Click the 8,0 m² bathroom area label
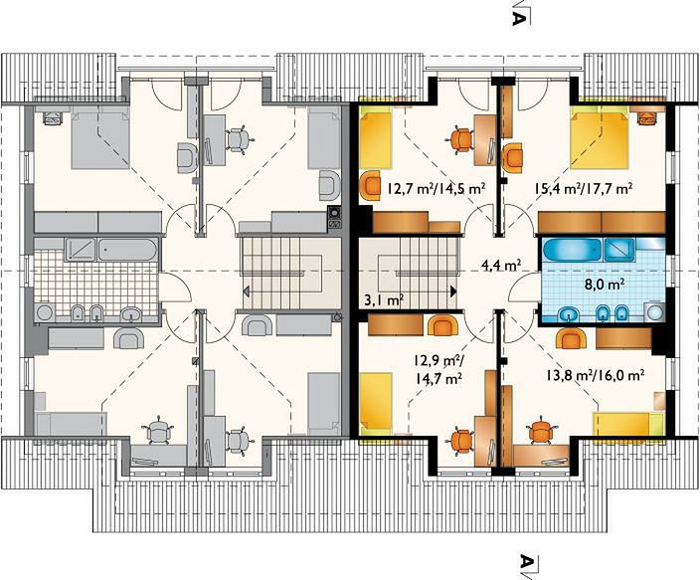[604, 284]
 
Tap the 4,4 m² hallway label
[502, 266]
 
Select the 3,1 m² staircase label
[385, 300]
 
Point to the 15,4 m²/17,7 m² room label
[584, 189]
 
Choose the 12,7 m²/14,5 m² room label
[437, 189]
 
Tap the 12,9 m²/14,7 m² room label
[437, 369]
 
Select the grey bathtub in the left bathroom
[127, 250]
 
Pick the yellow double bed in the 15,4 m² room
[601, 140]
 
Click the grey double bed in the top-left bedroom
[100, 140]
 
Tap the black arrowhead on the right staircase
[453, 291]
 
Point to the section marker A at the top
[518, 19]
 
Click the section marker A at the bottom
[527, 561]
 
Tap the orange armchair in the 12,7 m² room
[372, 185]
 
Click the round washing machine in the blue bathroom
[654, 312]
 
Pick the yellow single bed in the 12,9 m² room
[376, 403]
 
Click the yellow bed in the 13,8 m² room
[628, 424]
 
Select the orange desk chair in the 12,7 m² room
[461, 139]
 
